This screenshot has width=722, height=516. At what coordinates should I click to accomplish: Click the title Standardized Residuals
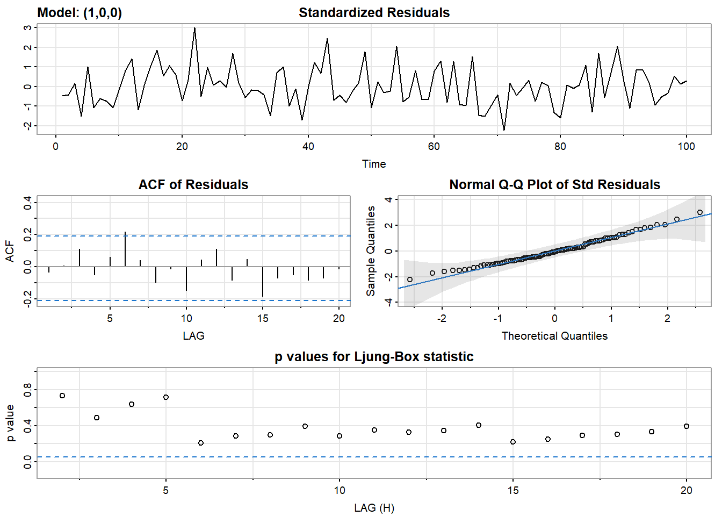coord(374,13)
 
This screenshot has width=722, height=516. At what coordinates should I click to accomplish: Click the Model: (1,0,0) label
coord(80,13)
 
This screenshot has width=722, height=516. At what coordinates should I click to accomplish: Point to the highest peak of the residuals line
coord(194,28)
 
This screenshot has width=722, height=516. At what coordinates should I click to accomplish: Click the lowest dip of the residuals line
coord(504,130)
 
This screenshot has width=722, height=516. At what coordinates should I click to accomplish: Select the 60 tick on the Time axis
coord(434,146)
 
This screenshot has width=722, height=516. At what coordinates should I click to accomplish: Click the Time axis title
coord(374,164)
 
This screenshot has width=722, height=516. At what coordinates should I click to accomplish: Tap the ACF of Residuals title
coord(193,185)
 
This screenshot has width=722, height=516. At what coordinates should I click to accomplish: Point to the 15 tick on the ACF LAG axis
coord(263,318)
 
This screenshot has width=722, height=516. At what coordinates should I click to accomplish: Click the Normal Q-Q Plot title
coord(554,185)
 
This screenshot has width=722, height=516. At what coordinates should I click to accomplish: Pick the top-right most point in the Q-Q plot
coord(700,212)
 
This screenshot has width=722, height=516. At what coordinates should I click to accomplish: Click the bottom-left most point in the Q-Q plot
coord(410,279)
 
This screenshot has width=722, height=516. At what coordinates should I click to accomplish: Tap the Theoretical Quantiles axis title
coord(554,336)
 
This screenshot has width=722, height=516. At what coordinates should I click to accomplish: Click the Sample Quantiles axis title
coord(371,251)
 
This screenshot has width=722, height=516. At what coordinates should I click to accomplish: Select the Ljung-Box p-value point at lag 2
coord(62,396)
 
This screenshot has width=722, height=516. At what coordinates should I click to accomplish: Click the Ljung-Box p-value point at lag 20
coord(687,426)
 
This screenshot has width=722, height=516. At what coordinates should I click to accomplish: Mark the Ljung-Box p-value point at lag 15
coord(513,442)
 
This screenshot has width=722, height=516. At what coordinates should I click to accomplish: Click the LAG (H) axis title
coord(374,508)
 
